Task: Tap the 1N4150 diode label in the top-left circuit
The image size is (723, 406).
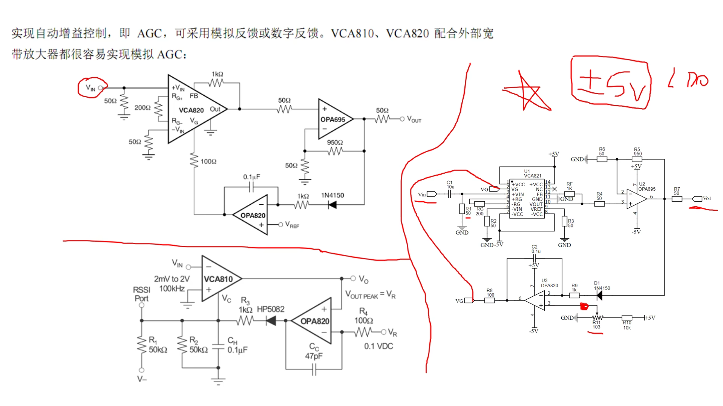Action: coord(332,195)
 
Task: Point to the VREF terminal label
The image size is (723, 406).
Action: coord(292,225)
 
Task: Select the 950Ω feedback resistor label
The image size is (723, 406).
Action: coord(335,142)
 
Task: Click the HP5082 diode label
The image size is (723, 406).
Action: coord(270,309)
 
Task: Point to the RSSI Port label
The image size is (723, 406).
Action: coord(141,294)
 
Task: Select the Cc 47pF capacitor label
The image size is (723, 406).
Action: coord(314,351)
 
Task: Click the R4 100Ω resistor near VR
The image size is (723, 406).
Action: coord(363,332)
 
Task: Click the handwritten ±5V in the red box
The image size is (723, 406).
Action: coord(611,85)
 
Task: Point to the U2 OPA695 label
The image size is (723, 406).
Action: coord(646,187)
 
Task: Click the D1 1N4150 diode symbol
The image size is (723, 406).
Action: coord(599,296)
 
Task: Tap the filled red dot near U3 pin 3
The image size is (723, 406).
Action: coord(584,306)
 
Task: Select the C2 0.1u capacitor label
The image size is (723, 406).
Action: coord(535,249)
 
